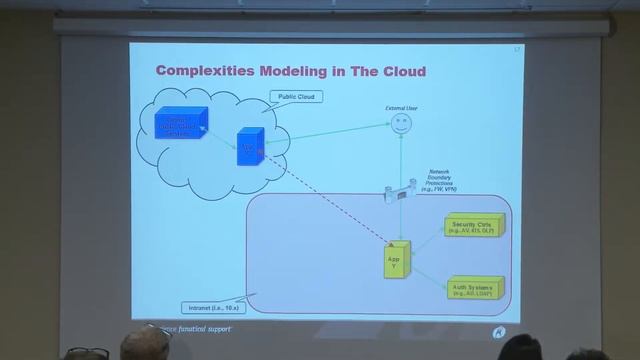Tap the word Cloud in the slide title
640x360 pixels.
pyautogui.click(x=400, y=72)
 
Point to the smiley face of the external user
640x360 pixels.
pyautogui.click(x=400, y=124)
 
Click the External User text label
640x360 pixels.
pyautogui.click(x=400, y=106)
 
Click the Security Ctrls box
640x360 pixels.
pyautogui.click(x=474, y=227)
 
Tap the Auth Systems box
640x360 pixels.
pyautogui.click(x=476, y=288)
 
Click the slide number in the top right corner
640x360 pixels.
pyautogui.click(x=517, y=48)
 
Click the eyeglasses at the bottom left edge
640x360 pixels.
pyautogui.click(x=88, y=353)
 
